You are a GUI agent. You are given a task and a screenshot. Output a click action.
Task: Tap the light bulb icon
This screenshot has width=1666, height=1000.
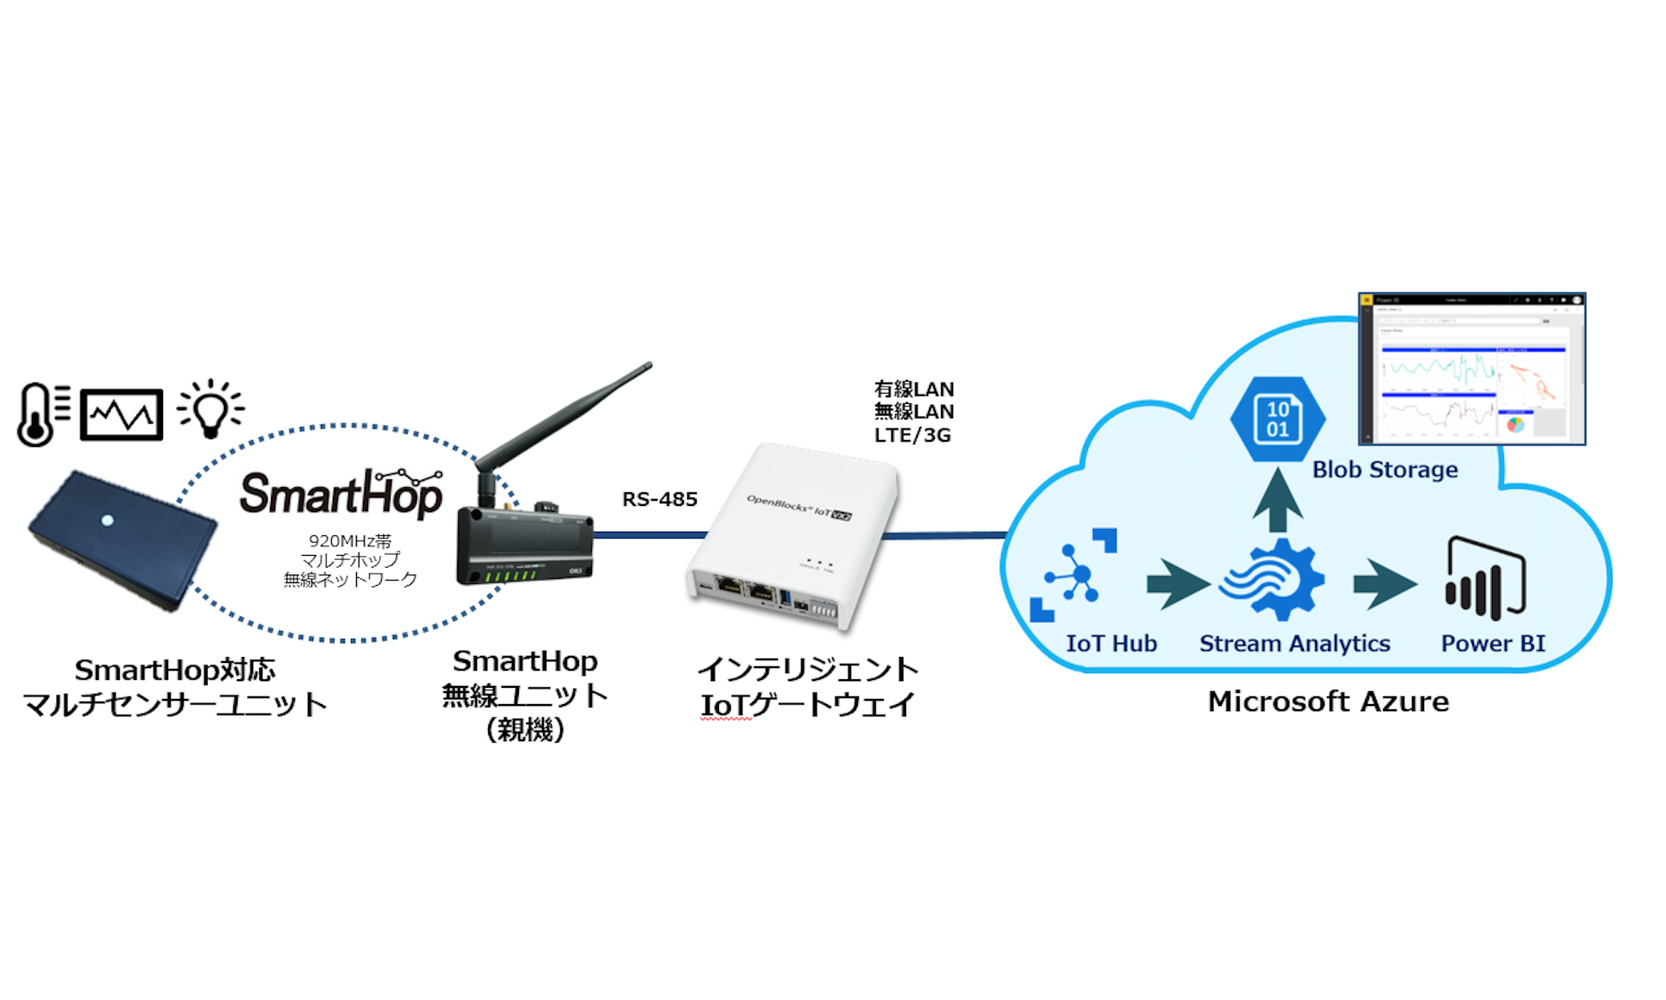point(210,409)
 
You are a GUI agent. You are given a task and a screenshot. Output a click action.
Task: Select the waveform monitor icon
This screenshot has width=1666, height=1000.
point(121,415)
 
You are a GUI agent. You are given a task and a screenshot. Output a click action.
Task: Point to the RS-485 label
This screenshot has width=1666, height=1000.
point(660,499)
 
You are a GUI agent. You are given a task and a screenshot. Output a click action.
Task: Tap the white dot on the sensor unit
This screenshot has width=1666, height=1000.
point(107,520)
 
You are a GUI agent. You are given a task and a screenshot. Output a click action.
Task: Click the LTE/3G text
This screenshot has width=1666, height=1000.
point(912,436)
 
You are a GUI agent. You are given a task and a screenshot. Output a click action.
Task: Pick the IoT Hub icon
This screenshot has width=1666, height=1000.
point(1073,575)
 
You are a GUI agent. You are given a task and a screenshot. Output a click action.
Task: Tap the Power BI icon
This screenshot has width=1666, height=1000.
point(1485,578)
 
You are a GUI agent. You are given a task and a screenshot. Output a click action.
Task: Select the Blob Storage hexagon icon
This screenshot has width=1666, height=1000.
point(1277,419)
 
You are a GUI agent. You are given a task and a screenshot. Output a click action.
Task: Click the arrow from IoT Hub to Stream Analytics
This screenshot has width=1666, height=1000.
point(1177,585)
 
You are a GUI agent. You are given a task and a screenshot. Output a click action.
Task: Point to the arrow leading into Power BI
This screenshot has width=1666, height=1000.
point(1383,585)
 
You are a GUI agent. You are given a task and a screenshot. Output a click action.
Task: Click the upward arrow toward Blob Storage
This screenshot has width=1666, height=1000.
point(1277,502)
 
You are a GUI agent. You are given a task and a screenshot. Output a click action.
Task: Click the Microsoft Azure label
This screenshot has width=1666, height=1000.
point(1328,702)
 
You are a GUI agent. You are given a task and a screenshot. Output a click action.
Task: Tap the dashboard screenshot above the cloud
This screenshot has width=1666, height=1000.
point(1471,370)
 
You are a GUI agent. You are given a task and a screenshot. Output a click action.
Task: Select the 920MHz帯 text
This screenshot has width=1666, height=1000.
point(350,541)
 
